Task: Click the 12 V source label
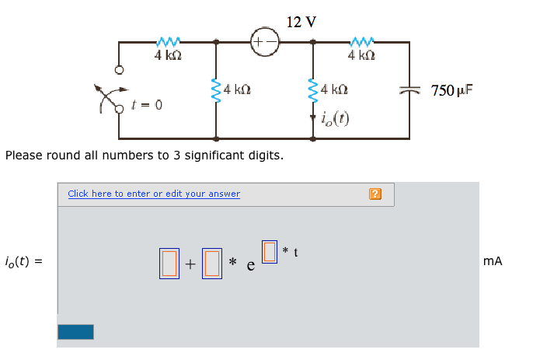[301, 22]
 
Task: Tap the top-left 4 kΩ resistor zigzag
[169, 40]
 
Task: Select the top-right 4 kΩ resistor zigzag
[362, 40]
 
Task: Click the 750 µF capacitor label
[451, 91]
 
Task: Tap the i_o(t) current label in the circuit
[335, 119]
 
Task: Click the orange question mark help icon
[376, 194]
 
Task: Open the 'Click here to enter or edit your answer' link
[154, 194]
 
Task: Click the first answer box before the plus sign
[169, 263]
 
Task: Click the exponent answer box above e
[270, 251]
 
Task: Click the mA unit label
[492, 262]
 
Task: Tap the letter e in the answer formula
[250, 266]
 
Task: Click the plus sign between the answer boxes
[190, 264]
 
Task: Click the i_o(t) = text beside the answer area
[23, 262]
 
